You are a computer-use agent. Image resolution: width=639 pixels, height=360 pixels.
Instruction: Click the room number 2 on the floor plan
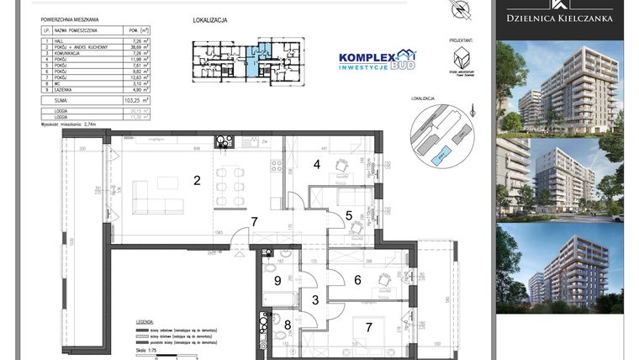[x=197, y=179]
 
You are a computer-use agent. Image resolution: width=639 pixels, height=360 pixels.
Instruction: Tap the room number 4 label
[x=317, y=164]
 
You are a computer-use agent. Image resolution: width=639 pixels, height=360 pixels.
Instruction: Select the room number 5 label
[x=349, y=214]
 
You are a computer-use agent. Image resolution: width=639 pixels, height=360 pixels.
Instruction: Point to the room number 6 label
[x=356, y=280]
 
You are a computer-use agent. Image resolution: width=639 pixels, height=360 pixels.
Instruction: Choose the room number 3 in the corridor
[x=316, y=299]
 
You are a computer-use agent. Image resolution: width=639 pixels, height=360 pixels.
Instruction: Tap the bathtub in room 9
[x=276, y=297]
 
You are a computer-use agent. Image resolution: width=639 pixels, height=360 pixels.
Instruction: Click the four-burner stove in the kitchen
[x=224, y=142]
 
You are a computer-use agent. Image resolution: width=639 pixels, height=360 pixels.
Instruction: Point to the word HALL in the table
[x=62, y=40]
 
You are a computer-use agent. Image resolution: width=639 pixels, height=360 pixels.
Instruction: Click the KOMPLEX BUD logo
[x=377, y=60]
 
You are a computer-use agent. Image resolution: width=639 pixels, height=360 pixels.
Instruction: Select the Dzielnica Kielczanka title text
[x=558, y=18]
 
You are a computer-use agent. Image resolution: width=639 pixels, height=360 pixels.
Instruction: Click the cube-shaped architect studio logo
[x=460, y=60]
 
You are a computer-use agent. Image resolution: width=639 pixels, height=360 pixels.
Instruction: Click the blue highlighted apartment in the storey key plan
[x=263, y=56]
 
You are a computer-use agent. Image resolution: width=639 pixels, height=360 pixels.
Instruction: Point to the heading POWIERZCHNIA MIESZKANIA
[x=77, y=19]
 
